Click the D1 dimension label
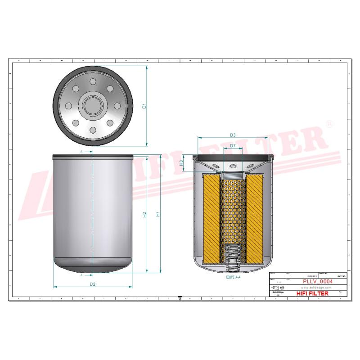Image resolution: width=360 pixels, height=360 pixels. [x=144, y=106]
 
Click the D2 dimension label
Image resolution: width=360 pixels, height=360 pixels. [x=92, y=284]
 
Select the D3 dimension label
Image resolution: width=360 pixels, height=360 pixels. [x=233, y=135]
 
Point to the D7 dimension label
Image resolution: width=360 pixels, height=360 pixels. [x=233, y=146]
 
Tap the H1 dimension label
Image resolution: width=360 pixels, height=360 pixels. [x=157, y=215]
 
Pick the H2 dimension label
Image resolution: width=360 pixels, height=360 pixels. [x=144, y=215]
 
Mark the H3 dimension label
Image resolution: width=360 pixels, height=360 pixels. [x=181, y=162]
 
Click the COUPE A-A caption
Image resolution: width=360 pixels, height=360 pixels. [x=233, y=278]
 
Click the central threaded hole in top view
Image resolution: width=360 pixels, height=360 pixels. [x=93, y=106]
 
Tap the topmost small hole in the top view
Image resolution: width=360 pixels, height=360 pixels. [x=93, y=82]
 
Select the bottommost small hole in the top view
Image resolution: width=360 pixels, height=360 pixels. [x=93, y=130]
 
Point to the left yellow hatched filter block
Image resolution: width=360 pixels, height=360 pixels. [x=211, y=219]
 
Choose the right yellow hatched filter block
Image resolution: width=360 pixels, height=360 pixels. [x=254, y=219]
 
